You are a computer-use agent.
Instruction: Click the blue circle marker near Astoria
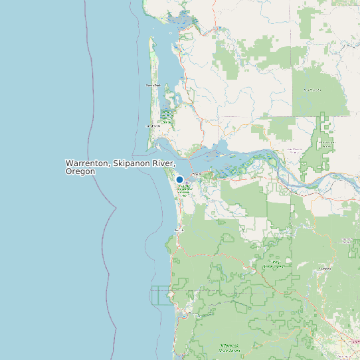(x=179, y=179)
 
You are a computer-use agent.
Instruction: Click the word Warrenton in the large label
(x=87, y=163)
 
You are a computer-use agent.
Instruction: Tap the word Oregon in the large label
(x=80, y=171)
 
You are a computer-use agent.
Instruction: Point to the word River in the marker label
(x=164, y=163)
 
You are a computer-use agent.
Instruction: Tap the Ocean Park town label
(x=153, y=86)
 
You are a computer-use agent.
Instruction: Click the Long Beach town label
(x=153, y=126)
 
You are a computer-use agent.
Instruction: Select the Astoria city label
(x=196, y=174)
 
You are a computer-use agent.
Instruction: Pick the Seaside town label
(x=179, y=230)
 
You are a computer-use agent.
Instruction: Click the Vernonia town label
(x=325, y=269)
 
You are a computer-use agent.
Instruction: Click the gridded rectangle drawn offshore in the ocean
(x=160, y=295)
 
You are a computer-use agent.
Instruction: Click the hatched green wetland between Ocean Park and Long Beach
(x=166, y=117)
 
